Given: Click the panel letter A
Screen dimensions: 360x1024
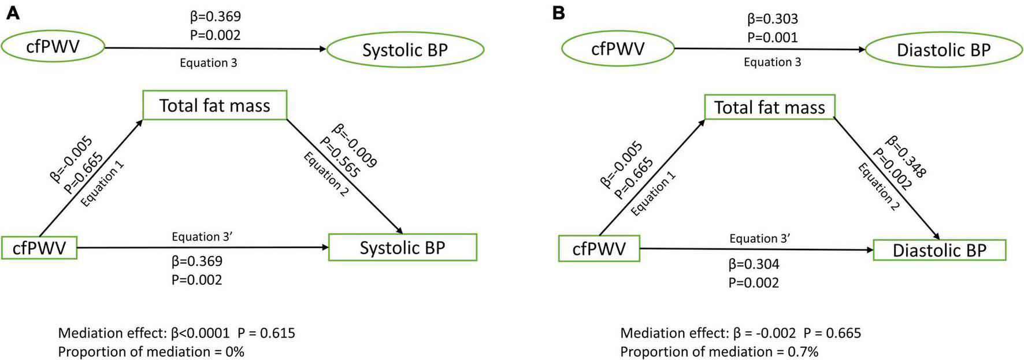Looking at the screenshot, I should click(x=13, y=13).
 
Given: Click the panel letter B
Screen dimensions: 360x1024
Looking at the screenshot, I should click(x=558, y=13).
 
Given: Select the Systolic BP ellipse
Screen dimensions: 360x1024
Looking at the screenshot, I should click(x=405, y=50).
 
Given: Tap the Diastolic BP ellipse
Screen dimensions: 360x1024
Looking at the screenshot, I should click(x=943, y=50).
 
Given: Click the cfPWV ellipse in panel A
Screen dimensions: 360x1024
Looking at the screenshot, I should click(x=53, y=46).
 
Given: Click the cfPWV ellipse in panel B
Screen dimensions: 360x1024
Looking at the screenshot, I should click(x=617, y=49).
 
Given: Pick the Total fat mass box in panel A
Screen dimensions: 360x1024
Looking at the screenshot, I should click(x=214, y=105).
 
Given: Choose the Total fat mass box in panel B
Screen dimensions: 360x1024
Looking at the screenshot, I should click(x=769, y=107).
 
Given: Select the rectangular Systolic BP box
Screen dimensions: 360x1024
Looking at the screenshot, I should click(x=402, y=248).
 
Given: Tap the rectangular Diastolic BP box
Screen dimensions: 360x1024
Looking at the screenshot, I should click(x=939, y=250).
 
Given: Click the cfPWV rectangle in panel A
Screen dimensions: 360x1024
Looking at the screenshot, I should click(x=39, y=248).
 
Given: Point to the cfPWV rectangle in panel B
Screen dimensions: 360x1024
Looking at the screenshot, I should click(x=599, y=249).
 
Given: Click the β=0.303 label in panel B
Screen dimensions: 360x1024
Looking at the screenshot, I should click(x=772, y=19).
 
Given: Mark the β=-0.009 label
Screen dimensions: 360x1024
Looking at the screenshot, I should click(x=354, y=145).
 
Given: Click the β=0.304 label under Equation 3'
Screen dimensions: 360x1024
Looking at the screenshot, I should click(x=754, y=265).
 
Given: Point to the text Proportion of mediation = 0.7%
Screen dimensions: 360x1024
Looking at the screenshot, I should click(x=719, y=351).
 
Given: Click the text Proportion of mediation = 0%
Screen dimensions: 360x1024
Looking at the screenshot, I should click(x=151, y=351).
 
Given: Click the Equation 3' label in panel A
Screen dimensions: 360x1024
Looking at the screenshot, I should click(x=202, y=236).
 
